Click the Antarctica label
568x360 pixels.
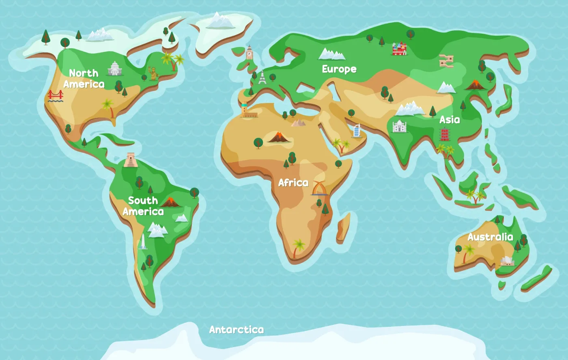[x=236, y=330]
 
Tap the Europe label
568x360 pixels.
[x=339, y=69]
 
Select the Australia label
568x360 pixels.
[x=490, y=237]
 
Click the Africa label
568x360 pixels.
[x=293, y=183]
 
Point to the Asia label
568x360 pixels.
[x=450, y=120]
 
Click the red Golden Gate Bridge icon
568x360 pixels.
[x=56, y=96]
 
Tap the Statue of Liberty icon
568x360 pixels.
[x=153, y=73]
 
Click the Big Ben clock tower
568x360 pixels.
[x=249, y=53]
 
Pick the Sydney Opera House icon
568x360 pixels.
[x=507, y=261]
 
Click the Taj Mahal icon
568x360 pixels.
[x=399, y=126]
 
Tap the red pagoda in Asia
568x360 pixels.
[x=445, y=134]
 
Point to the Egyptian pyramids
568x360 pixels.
[x=298, y=122]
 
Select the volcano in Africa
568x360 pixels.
[x=279, y=137]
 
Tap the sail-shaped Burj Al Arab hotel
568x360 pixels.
[x=357, y=131]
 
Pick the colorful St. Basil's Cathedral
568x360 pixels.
[x=399, y=49]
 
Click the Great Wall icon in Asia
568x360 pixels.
[x=446, y=61]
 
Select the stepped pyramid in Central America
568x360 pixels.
[x=131, y=160]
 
